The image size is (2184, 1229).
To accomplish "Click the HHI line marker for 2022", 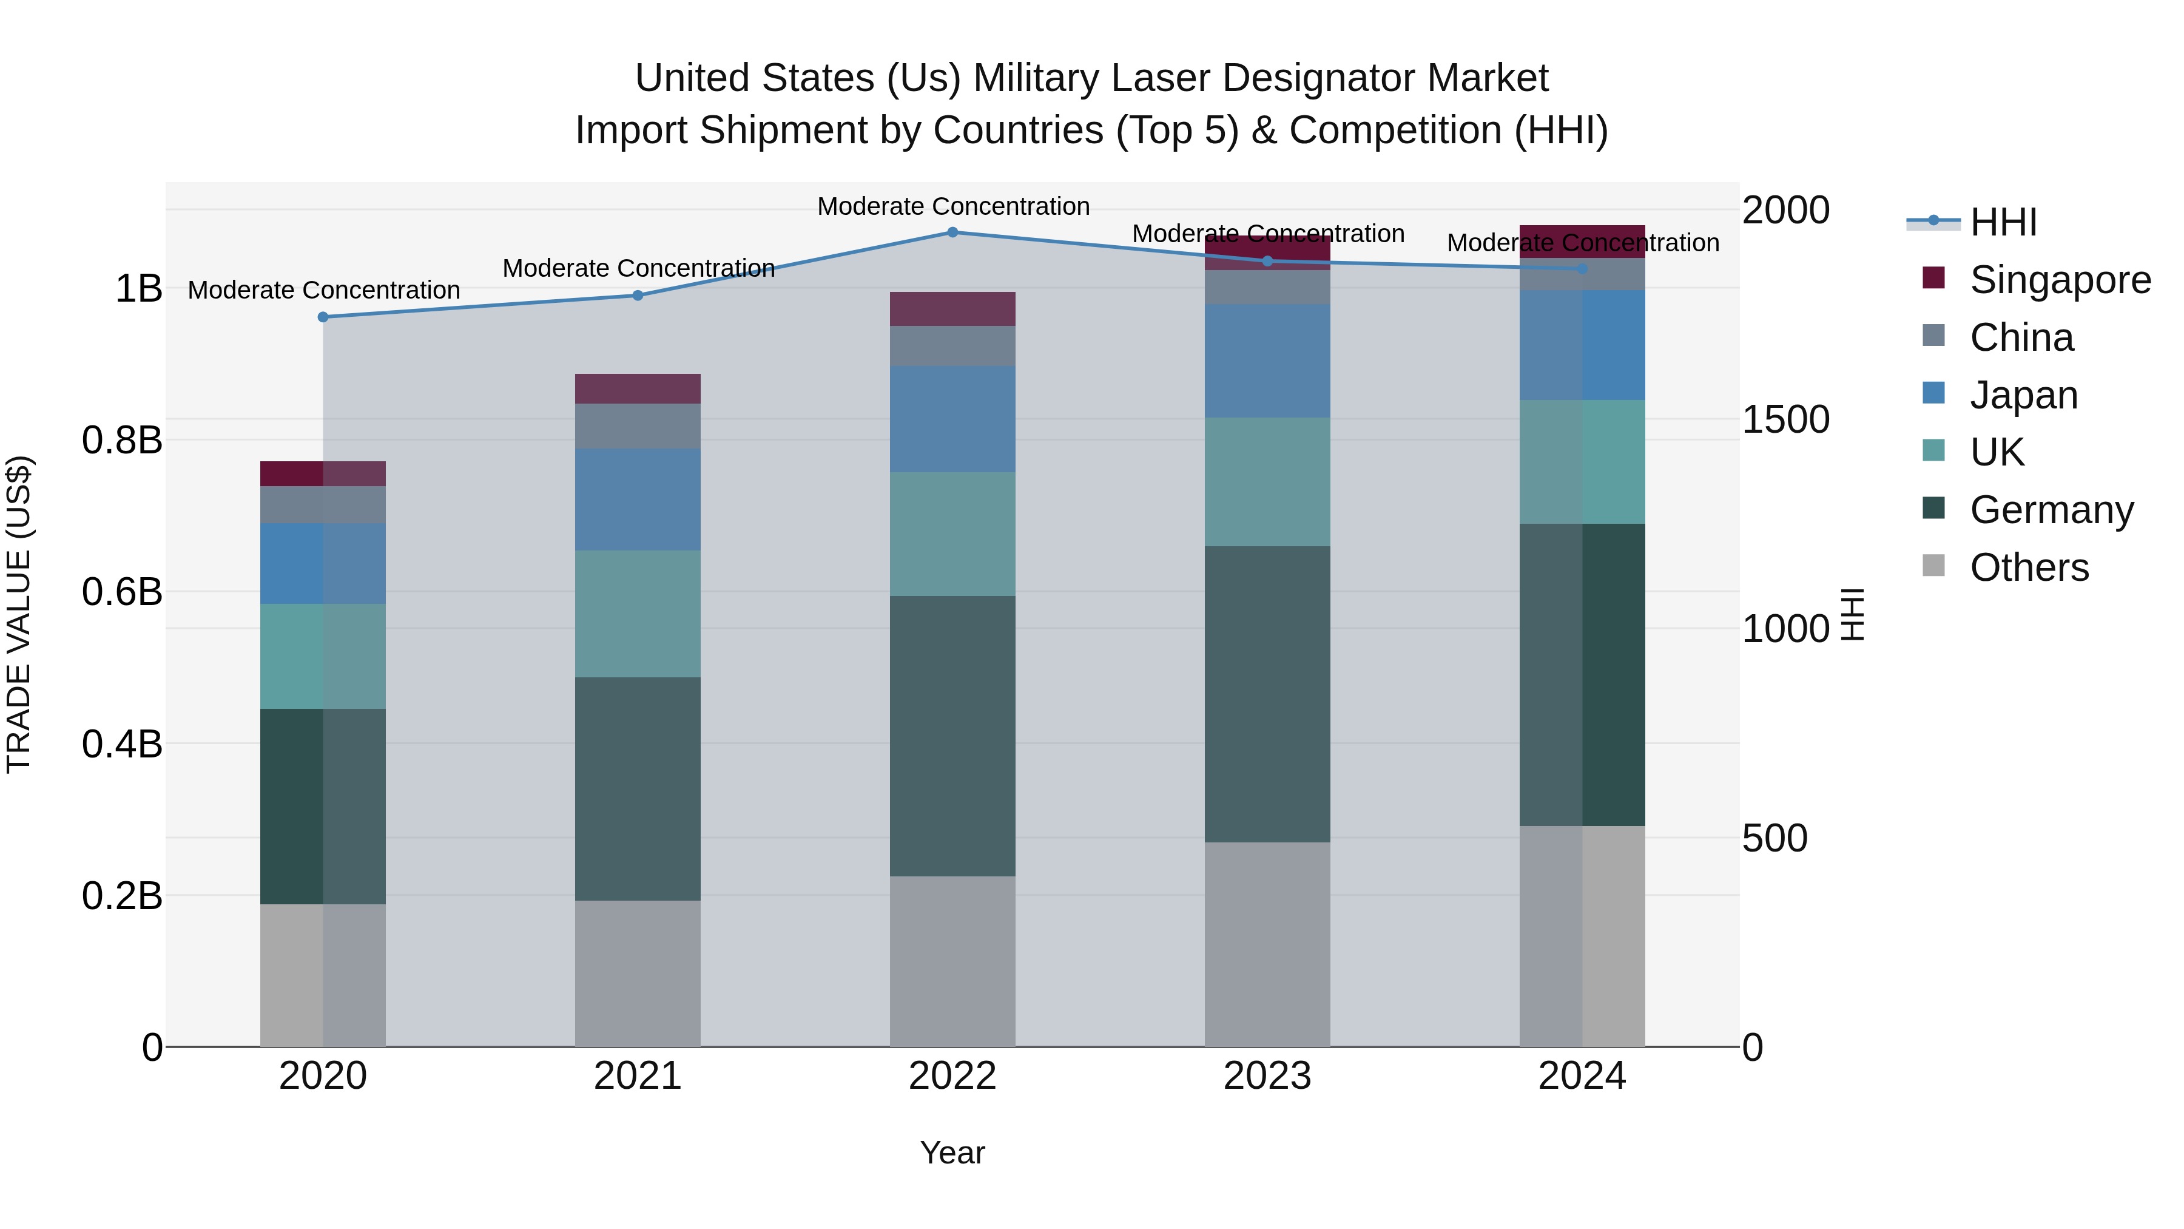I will tap(952, 232).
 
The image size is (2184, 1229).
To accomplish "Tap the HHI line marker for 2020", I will tap(323, 317).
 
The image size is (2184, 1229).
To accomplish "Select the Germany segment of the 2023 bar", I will tap(1267, 694).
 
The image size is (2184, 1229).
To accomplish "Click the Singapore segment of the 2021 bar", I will tap(638, 388).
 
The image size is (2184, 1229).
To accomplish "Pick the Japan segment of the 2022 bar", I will tap(952, 419).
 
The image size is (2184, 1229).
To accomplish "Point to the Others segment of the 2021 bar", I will tap(638, 973).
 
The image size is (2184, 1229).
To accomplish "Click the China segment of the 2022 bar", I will tap(952, 346).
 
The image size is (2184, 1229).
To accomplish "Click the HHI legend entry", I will tap(1975, 222).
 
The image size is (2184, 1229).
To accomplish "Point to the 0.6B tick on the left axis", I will tap(122, 592).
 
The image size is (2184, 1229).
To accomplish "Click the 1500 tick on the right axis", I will tap(1785, 420).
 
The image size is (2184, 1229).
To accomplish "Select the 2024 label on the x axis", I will tap(1582, 1076).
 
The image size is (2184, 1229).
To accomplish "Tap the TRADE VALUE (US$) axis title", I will tap(19, 614).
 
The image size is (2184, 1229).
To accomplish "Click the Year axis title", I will tap(952, 1153).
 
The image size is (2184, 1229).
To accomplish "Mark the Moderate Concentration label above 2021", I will tap(638, 268).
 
